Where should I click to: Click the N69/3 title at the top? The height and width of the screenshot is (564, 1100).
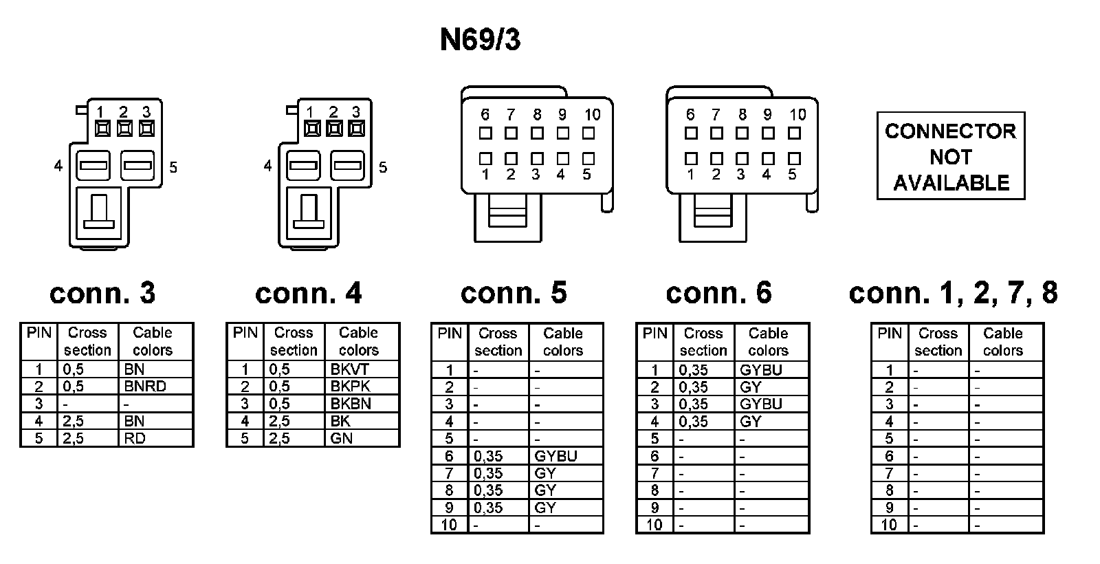(x=480, y=40)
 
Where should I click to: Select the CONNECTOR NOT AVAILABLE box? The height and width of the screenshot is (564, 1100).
(x=950, y=157)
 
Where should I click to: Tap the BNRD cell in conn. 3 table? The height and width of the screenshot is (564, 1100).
(x=145, y=387)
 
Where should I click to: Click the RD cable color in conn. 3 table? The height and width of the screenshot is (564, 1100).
(x=135, y=438)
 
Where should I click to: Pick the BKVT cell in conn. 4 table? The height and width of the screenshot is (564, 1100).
(x=349, y=369)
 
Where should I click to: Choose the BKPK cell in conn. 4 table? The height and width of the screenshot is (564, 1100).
(x=350, y=387)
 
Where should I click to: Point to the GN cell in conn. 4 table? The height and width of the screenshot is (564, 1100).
(x=341, y=438)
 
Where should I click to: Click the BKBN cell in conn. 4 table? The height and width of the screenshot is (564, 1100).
(x=351, y=404)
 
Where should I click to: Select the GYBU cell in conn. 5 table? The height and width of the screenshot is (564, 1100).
(x=555, y=456)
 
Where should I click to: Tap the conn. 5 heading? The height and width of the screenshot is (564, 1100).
(x=514, y=293)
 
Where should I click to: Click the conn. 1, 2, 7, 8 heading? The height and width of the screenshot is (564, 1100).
(x=953, y=293)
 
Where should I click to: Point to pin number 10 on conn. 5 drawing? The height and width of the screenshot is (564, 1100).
(x=592, y=115)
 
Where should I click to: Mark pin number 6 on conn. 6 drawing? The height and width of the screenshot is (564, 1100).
(x=690, y=115)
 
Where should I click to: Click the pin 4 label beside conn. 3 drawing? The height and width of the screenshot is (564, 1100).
(x=58, y=166)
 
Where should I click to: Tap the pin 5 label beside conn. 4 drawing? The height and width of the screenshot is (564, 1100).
(x=383, y=167)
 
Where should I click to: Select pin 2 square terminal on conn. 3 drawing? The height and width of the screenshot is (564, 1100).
(x=124, y=128)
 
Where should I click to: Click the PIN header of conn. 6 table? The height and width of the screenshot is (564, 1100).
(x=654, y=334)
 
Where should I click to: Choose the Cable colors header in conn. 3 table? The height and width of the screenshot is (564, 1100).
(x=152, y=341)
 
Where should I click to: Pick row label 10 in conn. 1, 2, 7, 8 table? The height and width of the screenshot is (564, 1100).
(x=889, y=525)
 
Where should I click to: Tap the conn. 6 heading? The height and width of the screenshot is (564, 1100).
(x=718, y=293)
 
